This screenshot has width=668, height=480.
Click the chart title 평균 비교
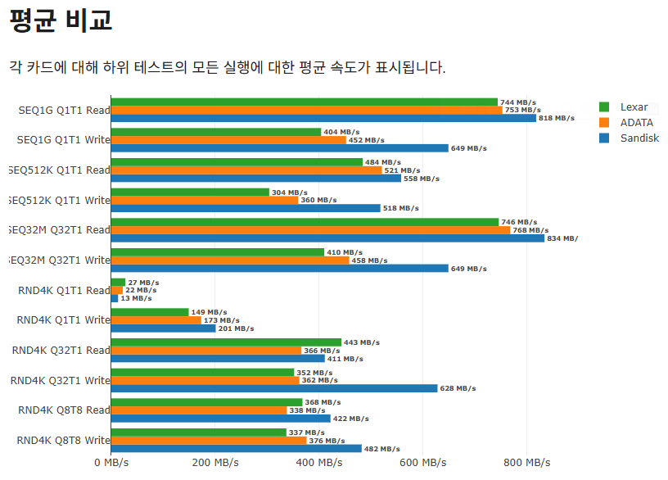click(61, 20)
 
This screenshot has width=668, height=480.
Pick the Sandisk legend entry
click(639, 138)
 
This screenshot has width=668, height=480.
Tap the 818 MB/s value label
click(556, 118)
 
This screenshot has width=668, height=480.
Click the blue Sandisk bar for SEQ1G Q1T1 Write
click(279, 148)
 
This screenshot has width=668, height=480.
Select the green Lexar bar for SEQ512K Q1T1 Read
click(237, 162)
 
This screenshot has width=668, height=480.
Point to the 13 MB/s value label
click(136, 298)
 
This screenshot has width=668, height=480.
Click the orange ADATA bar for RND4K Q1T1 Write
click(156, 320)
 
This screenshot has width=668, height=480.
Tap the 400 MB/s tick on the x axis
click(318, 463)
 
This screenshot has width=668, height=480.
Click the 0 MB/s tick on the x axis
click(111, 463)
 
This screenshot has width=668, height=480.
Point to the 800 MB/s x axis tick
click(526, 463)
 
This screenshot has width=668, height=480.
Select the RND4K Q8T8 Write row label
click(64, 440)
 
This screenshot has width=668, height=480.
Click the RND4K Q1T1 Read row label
click(64, 290)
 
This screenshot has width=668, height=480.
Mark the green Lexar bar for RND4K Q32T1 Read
click(226, 342)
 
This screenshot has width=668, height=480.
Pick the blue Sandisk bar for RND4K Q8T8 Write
click(236, 448)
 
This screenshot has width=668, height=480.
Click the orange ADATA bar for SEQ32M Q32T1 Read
click(310, 230)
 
